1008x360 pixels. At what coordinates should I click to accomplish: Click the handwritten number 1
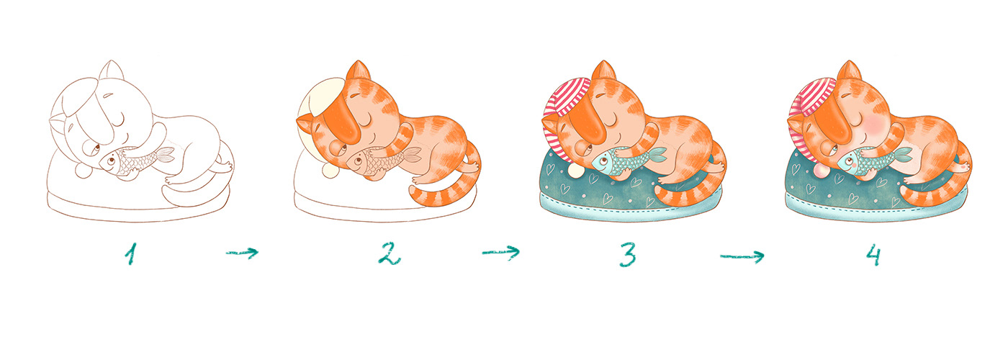point(130,253)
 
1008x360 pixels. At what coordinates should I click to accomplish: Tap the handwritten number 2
point(388,253)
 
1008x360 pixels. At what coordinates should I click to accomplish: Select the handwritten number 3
point(628,254)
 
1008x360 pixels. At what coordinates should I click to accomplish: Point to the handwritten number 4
point(873,254)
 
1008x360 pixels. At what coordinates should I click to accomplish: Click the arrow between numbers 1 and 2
point(242,253)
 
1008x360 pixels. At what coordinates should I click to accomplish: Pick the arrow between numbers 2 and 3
point(500,253)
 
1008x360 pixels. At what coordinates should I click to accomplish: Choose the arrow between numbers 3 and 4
point(742,256)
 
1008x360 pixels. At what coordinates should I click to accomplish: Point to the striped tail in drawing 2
point(446,189)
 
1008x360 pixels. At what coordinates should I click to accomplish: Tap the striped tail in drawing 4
point(936,189)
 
